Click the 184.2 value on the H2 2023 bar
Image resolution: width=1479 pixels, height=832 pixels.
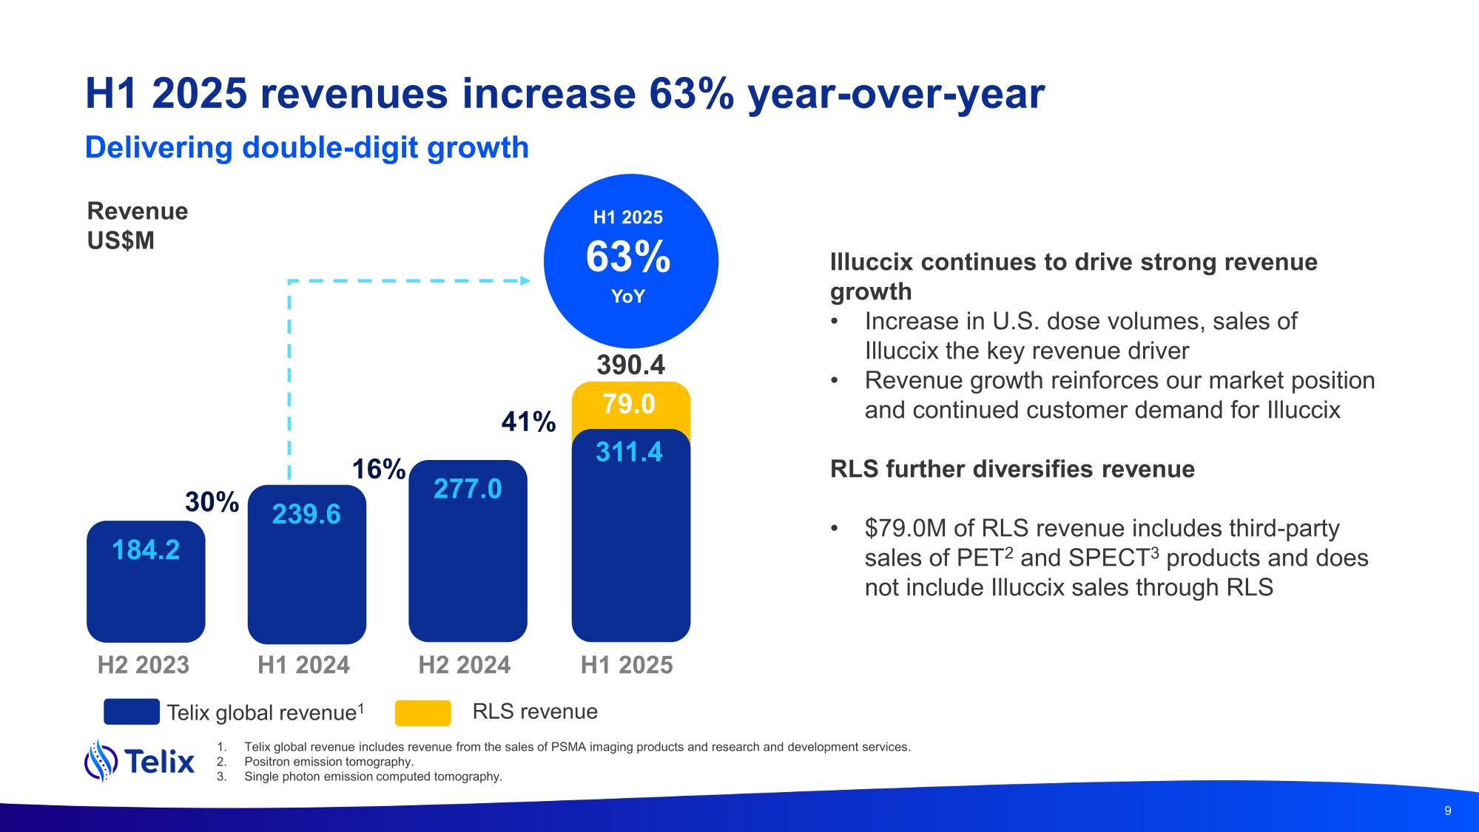[146, 550]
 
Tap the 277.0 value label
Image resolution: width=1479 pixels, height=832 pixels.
[468, 489]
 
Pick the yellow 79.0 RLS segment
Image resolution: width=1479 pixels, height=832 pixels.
[630, 405]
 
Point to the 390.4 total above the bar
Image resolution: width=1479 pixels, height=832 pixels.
[630, 365]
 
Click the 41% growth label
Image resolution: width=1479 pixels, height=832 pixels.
[528, 422]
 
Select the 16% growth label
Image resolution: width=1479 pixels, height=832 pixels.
[378, 470]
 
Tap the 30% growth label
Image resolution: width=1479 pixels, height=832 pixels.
[212, 502]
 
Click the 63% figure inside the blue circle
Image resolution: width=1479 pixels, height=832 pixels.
[628, 257]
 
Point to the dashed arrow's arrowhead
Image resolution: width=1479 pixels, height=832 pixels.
[525, 280]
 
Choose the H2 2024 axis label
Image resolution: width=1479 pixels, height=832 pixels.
[464, 665]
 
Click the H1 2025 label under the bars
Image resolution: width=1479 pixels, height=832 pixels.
[627, 665]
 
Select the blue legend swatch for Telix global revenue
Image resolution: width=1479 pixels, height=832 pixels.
[132, 711]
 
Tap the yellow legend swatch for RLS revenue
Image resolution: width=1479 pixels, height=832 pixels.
[422, 712]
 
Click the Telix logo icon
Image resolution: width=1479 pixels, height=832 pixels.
[101, 760]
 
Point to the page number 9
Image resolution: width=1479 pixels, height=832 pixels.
[1448, 811]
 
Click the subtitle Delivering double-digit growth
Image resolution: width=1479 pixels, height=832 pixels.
[307, 148]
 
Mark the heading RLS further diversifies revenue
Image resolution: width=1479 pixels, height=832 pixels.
[1012, 469]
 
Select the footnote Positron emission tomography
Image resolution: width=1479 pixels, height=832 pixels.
[329, 762]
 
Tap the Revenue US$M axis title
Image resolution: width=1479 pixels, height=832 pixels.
[138, 226]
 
